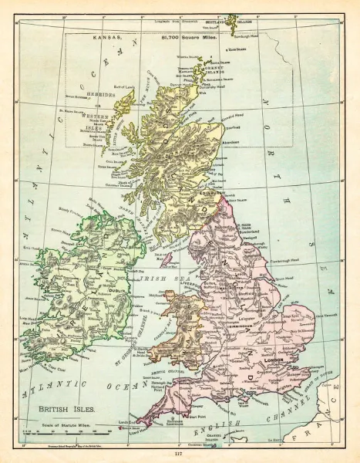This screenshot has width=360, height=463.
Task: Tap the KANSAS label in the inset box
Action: coord(106,35)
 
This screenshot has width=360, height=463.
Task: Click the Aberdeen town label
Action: coord(231,143)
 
